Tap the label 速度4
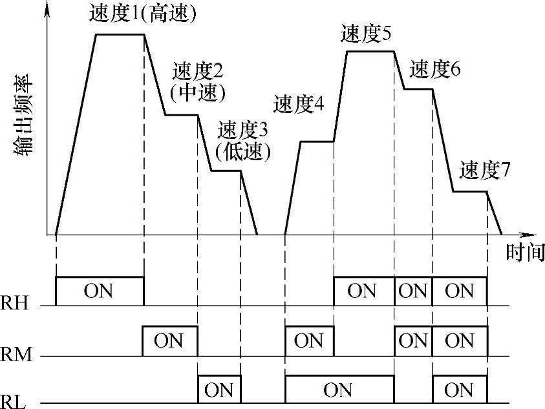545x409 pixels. pyautogui.click(x=298, y=103)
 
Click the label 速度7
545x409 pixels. pyautogui.click(x=485, y=171)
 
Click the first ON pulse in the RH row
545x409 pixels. pyautogui.click(x=98, y=291)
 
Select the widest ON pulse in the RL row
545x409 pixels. pyautogui.click(x=338, y=390)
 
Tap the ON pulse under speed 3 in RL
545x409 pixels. pyautogui.click(x=219, y=390)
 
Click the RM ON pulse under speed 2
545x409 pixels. pyautogui.click(x=169, y=341)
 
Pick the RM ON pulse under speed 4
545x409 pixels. pyautogui.click(x=309, y=341)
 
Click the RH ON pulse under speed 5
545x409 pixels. pyautogui.click(x=363, y=291)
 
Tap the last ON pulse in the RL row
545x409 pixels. pyautogui.click(x=459, y=390)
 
